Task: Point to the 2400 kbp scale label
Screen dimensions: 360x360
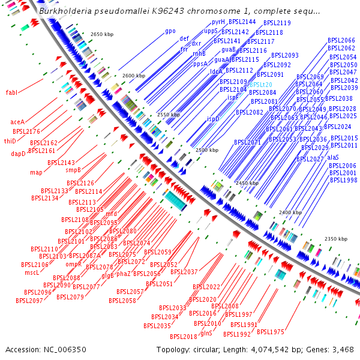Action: pyautogui.click(x=290, y=212)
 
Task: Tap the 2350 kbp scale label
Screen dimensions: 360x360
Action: pyautogui.click(x=336, y=239)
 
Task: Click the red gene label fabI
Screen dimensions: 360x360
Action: pyautogui.click(x=11, y=92)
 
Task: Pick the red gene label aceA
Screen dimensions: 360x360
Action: pyautogui.click(x=17, y=122)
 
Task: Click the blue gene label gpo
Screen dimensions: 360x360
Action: pyautogui.click(x=170, y=31)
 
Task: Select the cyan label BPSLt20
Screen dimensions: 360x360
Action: pyautogui.click(x=261, y=85)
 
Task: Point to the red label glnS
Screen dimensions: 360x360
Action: pyautogui.click(x=206, y=332)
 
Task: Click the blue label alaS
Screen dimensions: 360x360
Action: pyautogui.click(x=333, y=157)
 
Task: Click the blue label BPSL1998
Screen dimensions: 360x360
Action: pyautogui.click(x=343, y=180)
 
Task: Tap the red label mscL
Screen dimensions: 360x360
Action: pyautogui.click(x=32, y=272)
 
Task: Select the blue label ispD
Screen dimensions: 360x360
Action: pyautogui.click(x=213, y=119)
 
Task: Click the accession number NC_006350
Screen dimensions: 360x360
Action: pyautogui.click(x=63, y=349)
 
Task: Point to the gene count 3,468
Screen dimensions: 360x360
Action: pyautogui.click(x=341, y=349)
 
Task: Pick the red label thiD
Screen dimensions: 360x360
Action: pyautogui.click(x=10, y=141)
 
